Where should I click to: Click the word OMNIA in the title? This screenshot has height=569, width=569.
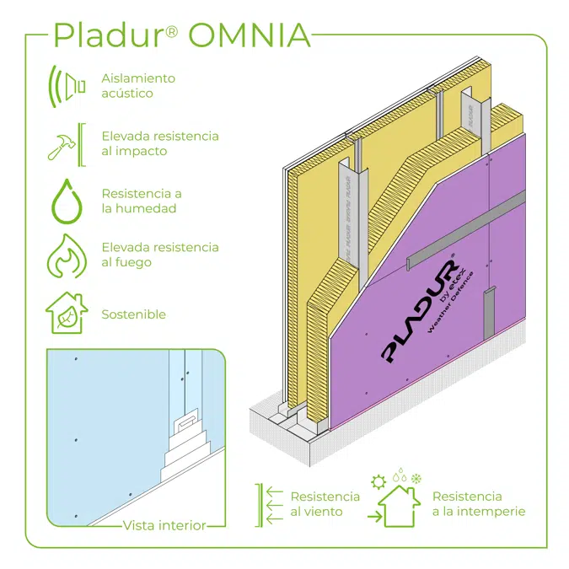click(x=250, y=35)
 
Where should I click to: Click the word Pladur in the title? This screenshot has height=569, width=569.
click(x=105, y=35)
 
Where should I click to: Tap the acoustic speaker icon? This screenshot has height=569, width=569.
click(x=68, y=85)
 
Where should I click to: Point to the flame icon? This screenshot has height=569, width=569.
click(x=67, y=255)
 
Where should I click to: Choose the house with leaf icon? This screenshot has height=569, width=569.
click(x=67, y=313)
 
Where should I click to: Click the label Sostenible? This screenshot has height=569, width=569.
click(x=133, y=314)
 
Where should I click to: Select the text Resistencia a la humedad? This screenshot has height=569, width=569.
click(x=141, y=201)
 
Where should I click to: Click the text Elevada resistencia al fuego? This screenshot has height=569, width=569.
click(x=159, y=255)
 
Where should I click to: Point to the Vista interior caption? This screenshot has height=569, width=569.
click(x=164, y=525)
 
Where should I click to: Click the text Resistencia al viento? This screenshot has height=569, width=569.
click(x=325, y=503)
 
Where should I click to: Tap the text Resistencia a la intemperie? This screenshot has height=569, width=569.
click(x=479, y=503)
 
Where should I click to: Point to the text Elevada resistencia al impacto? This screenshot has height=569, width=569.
click(x=159, y=143)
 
